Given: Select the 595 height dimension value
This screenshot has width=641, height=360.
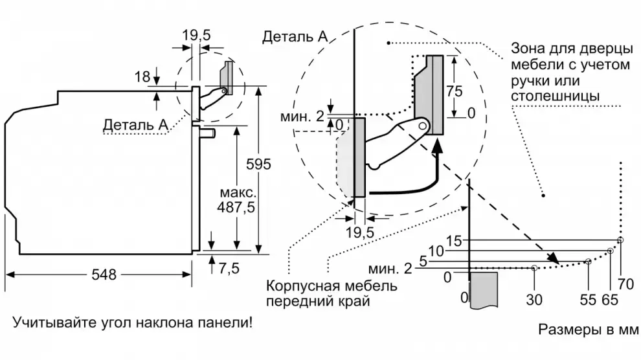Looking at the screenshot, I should (x=258, y=164).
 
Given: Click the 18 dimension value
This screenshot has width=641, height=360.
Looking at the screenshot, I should (x=142, y=78).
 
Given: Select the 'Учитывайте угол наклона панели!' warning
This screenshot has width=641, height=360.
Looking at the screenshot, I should (x=131, y=322).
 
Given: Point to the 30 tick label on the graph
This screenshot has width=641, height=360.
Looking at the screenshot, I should (x=534, y=299).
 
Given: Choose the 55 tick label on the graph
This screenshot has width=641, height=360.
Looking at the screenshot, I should (x=588, y=299).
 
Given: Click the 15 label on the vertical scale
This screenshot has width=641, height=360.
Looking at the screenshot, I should (x=454, y=241).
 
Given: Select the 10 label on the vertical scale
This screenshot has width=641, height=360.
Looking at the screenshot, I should (x=435, y=251).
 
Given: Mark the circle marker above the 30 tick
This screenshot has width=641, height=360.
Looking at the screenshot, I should (x=534, y=267).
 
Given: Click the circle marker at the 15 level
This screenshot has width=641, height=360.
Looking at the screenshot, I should (x=620, y=240).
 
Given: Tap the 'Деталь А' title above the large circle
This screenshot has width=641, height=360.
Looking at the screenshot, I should (x=295, y=37).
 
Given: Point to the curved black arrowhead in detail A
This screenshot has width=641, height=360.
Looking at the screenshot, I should (x=438, y=150).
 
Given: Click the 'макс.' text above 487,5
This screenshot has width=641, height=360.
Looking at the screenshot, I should (x=235, y=194).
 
